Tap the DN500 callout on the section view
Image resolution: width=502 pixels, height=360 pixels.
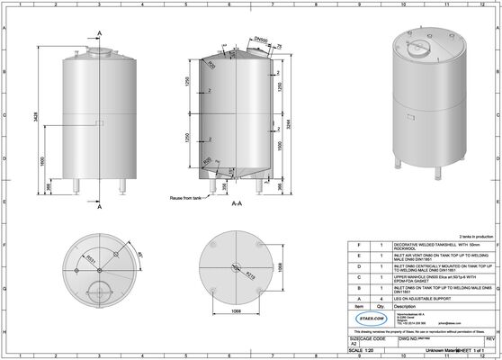259,40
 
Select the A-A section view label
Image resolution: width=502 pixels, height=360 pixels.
237,204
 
